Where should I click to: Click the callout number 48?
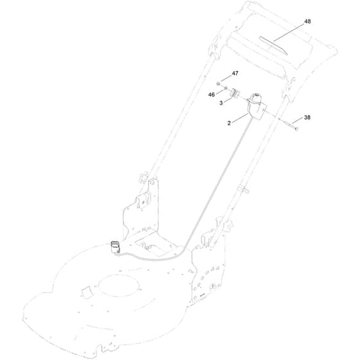[x=307, y=21]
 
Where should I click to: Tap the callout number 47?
[x=235, y=73]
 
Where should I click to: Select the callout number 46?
[x=212, y=94]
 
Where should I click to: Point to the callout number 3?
[x=221, y=103]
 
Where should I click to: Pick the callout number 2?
[x=229, y=123]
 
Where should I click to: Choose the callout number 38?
[x=307, y=117]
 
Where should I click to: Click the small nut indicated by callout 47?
[x=218, y=84]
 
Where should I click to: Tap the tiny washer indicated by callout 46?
[x=226, y=87]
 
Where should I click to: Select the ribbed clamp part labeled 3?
[x=235, y=93]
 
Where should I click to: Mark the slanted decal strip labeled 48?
[x=273, y=45]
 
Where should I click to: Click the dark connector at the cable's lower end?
[x=116, y=248]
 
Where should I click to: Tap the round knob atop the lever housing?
[x=256, y=98]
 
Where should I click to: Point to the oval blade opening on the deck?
[x=119, y=285]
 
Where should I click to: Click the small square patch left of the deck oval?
[x=86, y=292]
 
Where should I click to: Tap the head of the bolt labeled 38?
[x=296, y=129]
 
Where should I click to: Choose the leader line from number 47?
[x=226, y=78]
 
